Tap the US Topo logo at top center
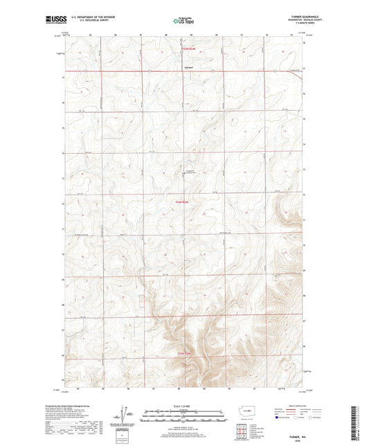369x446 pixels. pos(183,21)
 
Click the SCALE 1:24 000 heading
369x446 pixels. pos(184,406)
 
